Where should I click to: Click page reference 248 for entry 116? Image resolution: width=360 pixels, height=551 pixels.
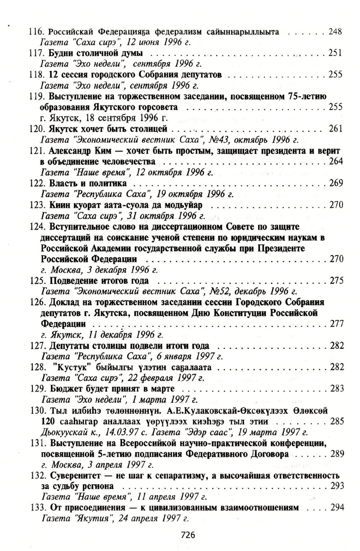(335, 32)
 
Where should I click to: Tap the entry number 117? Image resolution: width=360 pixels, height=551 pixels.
(35, 52)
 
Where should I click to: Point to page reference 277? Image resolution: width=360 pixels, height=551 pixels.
(335, 324)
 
